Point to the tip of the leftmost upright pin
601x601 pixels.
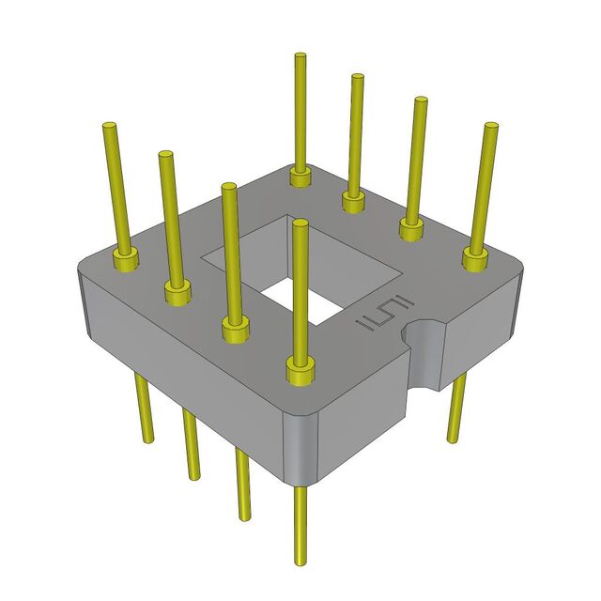(109, 126)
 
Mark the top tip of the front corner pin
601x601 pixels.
(300, 224)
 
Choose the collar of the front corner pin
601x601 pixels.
(300, 372)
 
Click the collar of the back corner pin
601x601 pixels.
(300, 176)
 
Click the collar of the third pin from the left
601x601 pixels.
(236, 329)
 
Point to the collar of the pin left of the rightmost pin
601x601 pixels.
(411, 227)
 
